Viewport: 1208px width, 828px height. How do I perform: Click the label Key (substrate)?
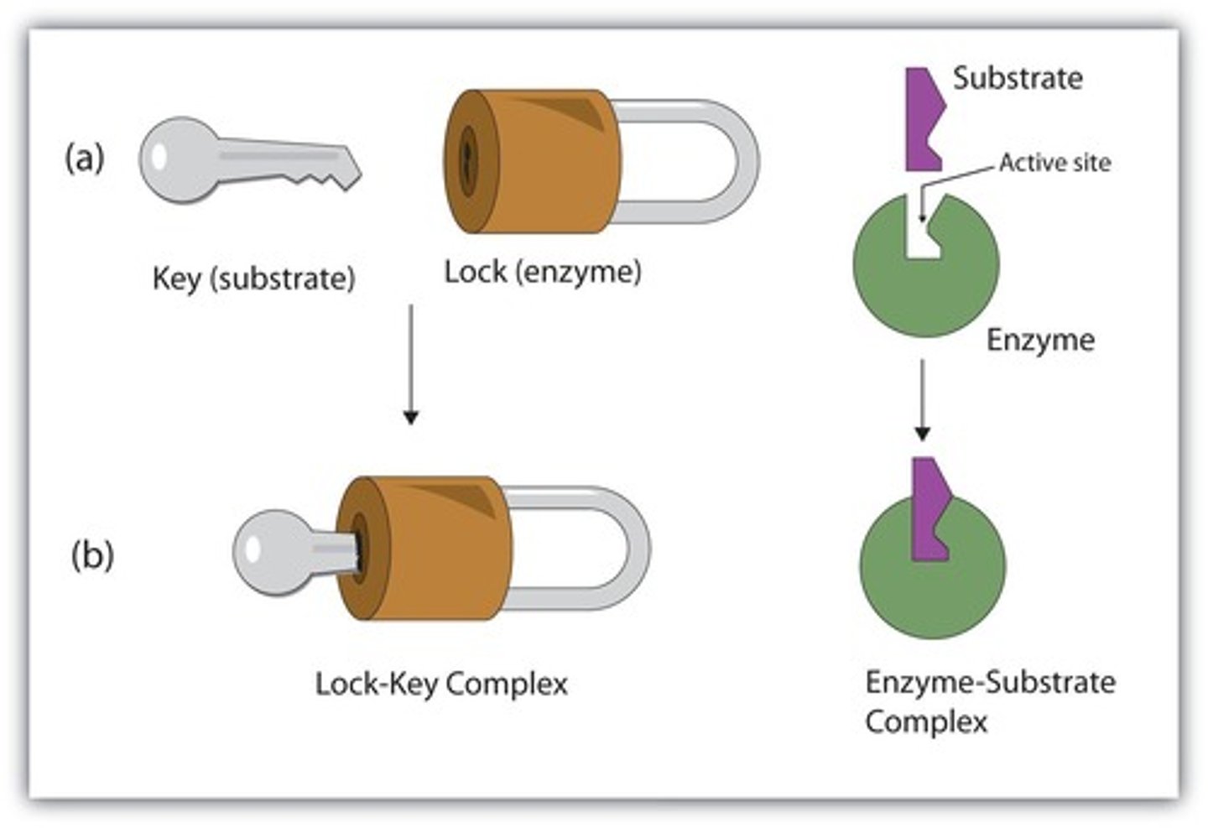point(253,278)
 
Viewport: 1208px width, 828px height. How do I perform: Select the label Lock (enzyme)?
point(542,272)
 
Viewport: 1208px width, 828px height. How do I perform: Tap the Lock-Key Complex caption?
point(441,684)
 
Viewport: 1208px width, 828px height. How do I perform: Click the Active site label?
point(1054,163)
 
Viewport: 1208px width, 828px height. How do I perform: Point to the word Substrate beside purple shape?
point(1018,79)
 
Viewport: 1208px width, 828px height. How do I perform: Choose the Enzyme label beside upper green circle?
point(1040,340)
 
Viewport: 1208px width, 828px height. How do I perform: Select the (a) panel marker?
point(85,158)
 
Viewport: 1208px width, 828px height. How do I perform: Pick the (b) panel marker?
point(91,555)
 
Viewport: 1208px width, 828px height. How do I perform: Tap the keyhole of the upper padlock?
point(466,160)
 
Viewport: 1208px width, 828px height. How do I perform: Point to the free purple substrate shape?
point(924,118)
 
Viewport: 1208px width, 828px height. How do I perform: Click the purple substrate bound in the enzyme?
point(929,512)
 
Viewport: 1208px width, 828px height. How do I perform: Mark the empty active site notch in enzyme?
point(922,231)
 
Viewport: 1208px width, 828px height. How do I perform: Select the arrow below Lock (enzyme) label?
point(410,364)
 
